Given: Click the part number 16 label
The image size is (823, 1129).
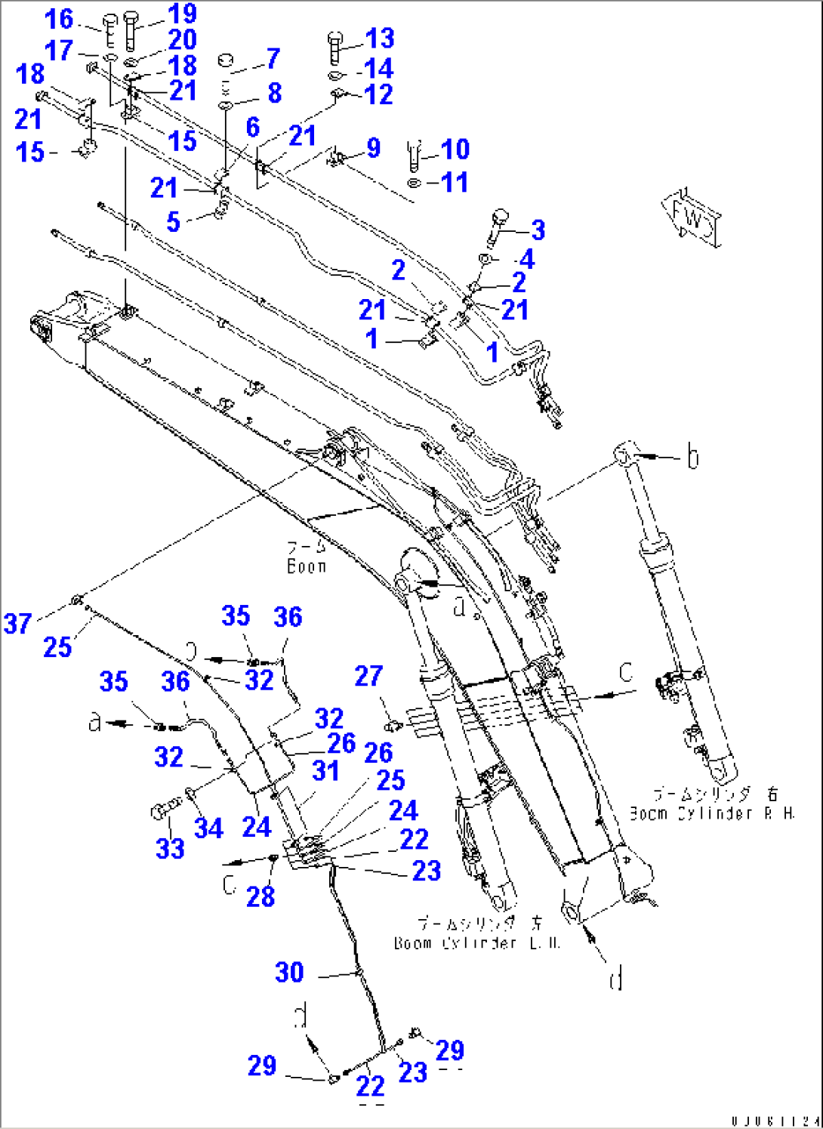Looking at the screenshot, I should [59, 19].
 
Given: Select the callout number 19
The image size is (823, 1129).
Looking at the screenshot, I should [182, 14].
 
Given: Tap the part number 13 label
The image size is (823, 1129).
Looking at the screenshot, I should [379, 39].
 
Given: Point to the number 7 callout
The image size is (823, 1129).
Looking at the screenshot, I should [273, 58].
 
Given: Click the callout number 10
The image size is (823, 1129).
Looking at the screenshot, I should [455, 149].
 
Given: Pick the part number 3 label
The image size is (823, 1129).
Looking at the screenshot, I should [538, 230].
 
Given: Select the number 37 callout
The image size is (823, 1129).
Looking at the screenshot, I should [17, 624].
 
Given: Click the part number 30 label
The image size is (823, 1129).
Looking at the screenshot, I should [289, 972].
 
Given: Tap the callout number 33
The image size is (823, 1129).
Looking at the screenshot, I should [170, 848].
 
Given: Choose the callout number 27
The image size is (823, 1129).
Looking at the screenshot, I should [368, 676].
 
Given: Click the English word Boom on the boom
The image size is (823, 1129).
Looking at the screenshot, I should [307, 566].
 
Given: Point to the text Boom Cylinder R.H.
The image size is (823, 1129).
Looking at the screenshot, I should [712, 813].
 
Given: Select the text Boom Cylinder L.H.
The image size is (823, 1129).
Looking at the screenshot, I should [476, 943].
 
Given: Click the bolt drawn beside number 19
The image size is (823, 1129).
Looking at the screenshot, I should [131, 30].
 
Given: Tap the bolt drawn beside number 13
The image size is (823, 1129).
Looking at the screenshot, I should [335, 47].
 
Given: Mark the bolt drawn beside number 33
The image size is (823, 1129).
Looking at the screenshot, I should [162, 813].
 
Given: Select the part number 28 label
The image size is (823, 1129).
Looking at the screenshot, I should [260, 896].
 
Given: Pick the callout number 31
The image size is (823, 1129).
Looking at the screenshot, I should [325, 771].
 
